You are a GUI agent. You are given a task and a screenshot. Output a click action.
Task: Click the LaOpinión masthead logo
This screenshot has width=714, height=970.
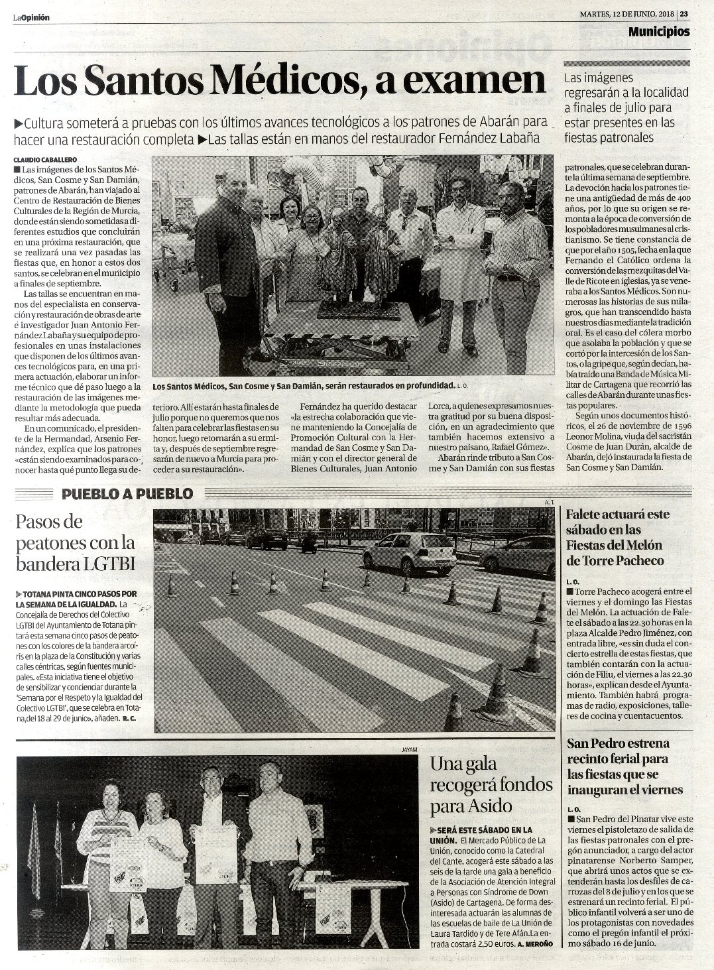pos(31,18)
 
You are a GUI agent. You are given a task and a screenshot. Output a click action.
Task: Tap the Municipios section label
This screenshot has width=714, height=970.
pos(658,31)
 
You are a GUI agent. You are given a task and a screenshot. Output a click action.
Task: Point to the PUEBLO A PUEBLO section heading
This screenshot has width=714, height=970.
pos(127,493)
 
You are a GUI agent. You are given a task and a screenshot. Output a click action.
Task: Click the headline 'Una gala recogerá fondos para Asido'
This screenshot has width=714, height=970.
pos(491,785)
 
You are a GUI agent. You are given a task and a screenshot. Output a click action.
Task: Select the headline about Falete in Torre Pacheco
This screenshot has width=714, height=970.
pos(617,537)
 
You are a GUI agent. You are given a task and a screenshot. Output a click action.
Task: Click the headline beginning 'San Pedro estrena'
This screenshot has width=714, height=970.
pos(618,766)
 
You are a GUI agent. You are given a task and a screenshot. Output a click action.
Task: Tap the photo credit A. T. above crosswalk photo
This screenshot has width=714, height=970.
pos(548,503)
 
